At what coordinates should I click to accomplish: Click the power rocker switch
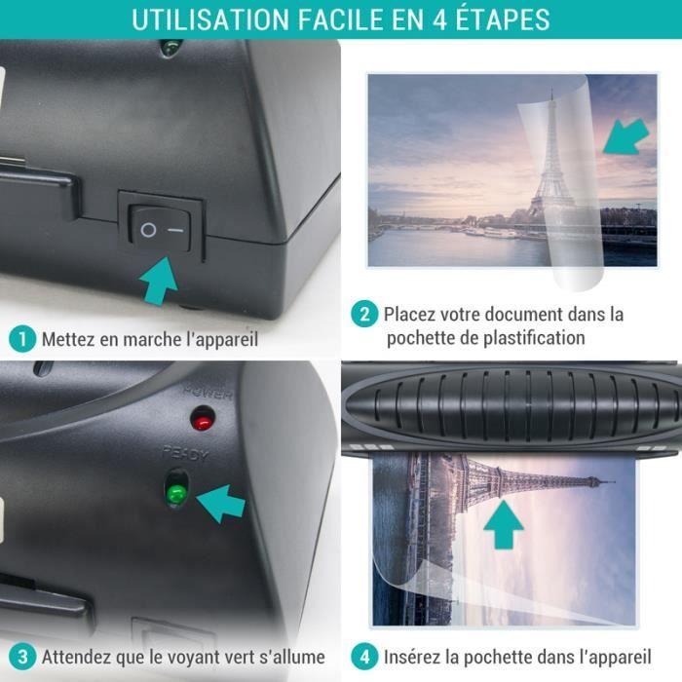click(161, 230)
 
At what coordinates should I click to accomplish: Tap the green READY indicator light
click(175, 492)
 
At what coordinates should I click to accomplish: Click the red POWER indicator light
click(203, 420)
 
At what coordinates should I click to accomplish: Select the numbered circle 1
click(22, 339)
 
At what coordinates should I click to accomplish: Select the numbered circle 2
click(363, 315)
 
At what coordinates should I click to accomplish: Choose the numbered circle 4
click(363, 656)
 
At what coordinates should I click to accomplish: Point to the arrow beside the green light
click(221, 503)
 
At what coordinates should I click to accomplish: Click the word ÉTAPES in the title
click(494, 19)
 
